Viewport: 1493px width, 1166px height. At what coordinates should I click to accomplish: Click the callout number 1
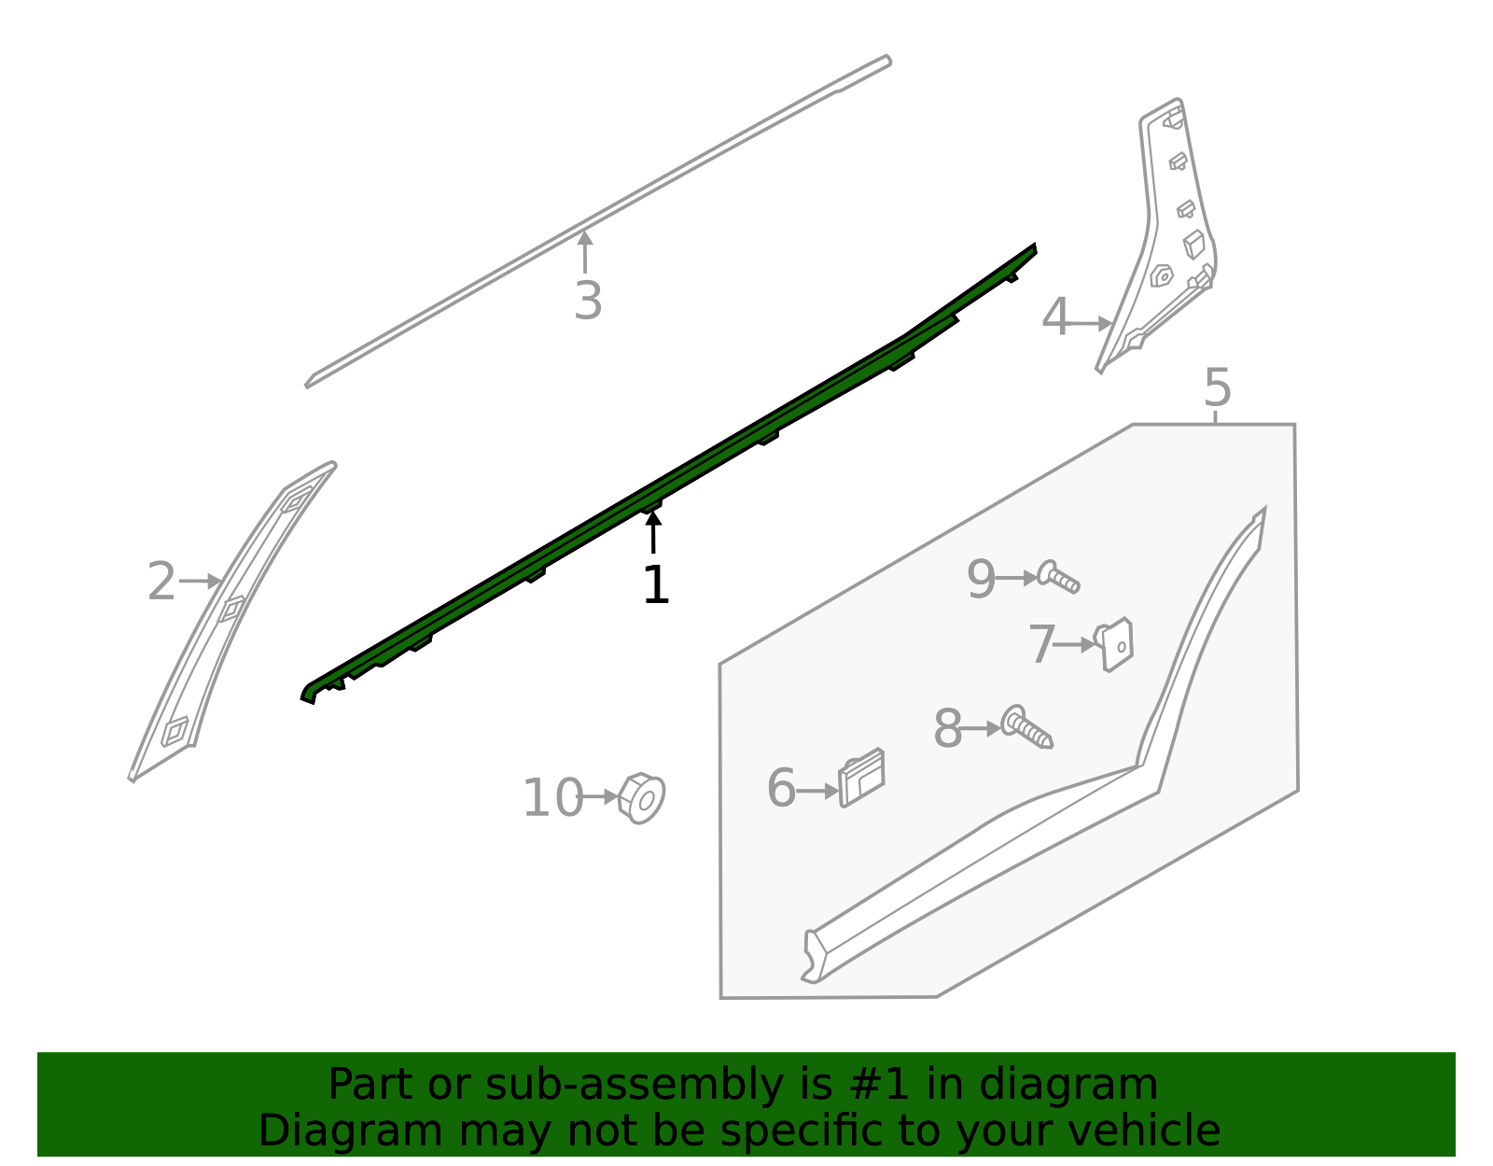(656, 586)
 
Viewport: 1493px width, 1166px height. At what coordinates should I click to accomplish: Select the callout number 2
(161, 583)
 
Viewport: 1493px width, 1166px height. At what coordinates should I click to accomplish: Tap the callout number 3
(588, 302)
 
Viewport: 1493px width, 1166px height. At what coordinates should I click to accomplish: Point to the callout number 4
(1055, 318)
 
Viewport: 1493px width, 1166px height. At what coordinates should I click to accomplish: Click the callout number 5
(1217, 387)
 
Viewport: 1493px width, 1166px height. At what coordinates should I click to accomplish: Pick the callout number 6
(781, 789)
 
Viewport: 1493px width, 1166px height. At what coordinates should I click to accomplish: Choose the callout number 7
(1041, 645)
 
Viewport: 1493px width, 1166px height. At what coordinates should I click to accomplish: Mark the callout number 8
(947, 729)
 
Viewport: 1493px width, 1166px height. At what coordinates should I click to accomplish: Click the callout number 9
(981, 580)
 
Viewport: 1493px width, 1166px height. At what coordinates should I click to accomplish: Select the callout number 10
(552, 799)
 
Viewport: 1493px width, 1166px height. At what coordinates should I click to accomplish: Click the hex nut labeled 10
(642, 798)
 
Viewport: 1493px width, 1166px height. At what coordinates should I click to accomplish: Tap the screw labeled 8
(1026, 727)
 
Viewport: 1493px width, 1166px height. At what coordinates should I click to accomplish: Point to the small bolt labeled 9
(1058, 577)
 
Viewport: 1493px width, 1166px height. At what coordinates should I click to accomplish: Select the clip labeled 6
(862, 777)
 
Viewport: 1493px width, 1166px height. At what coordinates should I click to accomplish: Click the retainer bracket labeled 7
(1115, 644)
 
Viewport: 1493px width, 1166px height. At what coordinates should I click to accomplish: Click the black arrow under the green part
(653, 533)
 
